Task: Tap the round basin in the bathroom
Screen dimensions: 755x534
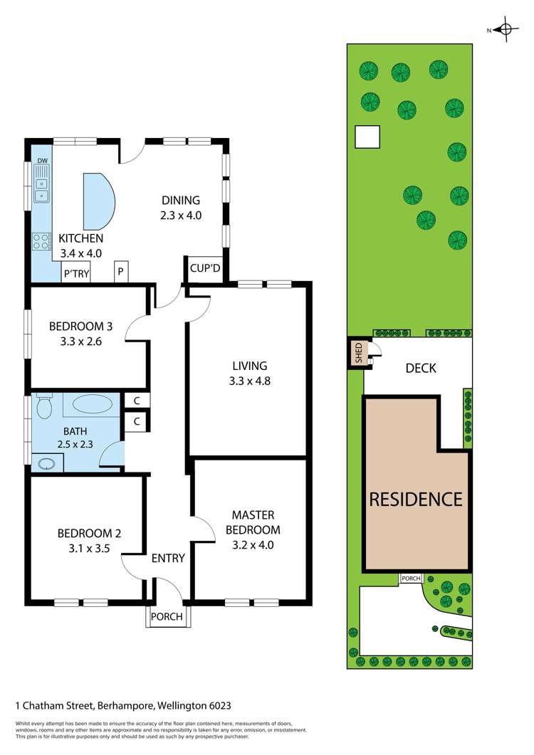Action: point(46,465)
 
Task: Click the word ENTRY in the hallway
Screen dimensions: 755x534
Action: point(168,558)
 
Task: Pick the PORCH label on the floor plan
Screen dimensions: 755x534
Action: point(168,617)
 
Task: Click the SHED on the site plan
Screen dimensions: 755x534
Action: point(359,353)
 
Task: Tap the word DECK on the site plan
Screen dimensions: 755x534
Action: point(420,368)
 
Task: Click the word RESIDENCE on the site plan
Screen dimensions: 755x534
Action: point(416,499)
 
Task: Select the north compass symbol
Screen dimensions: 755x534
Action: point(506,29)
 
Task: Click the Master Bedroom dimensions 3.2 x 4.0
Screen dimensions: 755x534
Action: point(253,545)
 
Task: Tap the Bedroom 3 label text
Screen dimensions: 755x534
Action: point(80,327)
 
